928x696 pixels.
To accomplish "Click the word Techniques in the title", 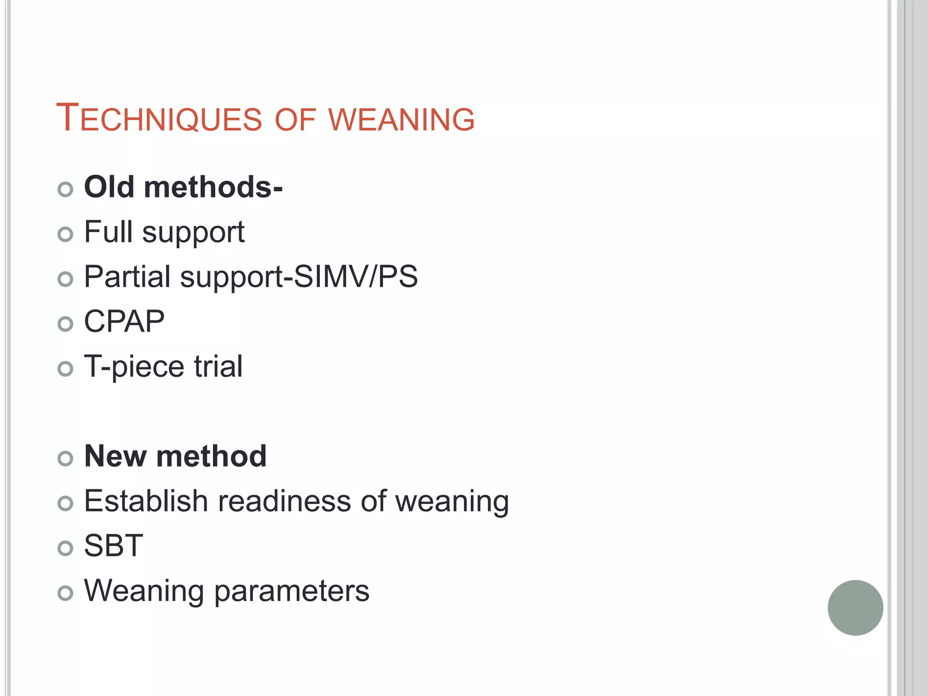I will pyautogui.click(x=159, y=119).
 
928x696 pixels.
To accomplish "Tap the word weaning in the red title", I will pyautogui.click(x=401, y=120).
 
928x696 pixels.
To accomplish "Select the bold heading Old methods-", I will pyautogui.click(x=184, y=187).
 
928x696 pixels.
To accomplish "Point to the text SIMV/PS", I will pyautogui.click(x=356, y=276).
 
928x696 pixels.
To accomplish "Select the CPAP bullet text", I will pyautogui.click(x=124, y=322).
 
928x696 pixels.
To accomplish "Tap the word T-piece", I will pyautogui.click(x=134, y=367).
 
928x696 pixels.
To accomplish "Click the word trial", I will pyautogui.click(x=218, y=366).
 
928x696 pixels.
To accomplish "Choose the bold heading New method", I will pyautogui.click(x=175, y=456).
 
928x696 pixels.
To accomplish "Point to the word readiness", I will pyautogui.click(x=285, y=501).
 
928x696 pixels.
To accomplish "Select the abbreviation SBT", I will pyautogui.click(x=114, y=546).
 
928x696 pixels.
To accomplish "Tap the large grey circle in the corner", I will pyautogui.click(x=855, y=608).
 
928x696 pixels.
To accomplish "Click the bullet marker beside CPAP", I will pyautogui.click(x=66, y=324).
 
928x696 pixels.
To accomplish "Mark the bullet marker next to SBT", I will pyautogui.click(x=66, y=548).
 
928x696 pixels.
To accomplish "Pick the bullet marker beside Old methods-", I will pyautogui.click(x=66, y=189).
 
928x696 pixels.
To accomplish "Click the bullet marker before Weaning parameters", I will pyautogui.click(x=66, y=593).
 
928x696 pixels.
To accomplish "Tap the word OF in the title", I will pyautogui.click(x=295, y=120).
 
